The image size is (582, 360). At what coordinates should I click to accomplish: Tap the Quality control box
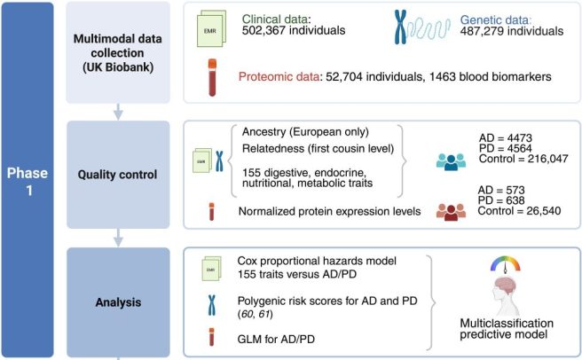(x=118, y=174)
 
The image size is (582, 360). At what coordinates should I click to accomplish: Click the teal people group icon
(x=453, y=159)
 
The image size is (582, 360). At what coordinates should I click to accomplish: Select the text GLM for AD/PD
(x=279, y=339)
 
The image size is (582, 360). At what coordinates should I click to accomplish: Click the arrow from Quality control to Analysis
(x=118, y=236)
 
